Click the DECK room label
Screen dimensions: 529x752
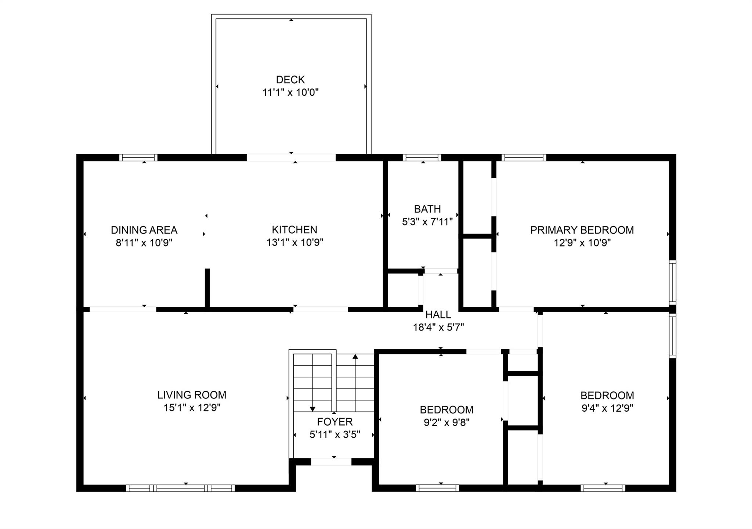pos(290,80)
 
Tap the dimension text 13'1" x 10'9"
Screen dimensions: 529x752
pos(294,242)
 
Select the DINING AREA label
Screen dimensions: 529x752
pos(144,230)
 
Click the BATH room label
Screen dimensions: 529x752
pos(427,209)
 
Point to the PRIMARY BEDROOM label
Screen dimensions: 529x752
pos(582,230)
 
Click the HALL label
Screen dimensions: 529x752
pos(438,314)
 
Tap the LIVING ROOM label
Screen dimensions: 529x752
pos(192,395)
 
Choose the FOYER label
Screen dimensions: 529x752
pos(335,422)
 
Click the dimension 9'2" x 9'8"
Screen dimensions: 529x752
pos(446,423)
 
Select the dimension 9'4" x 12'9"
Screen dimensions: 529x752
pos(607,408)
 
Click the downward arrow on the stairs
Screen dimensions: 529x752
pos(312,409)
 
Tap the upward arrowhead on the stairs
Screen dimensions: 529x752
pos(355,356)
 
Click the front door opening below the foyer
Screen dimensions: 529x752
pos(331,462)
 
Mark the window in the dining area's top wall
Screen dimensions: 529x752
pos(138,157)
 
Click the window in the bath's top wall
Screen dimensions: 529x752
pos(422,157)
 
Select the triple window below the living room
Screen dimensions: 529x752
pos(180,488)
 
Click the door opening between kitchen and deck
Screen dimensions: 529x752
pos(291,157)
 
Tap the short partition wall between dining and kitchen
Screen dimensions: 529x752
pos(207,288)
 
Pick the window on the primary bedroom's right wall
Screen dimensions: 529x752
pos(672,281)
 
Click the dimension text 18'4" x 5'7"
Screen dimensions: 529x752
pos(438,327)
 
